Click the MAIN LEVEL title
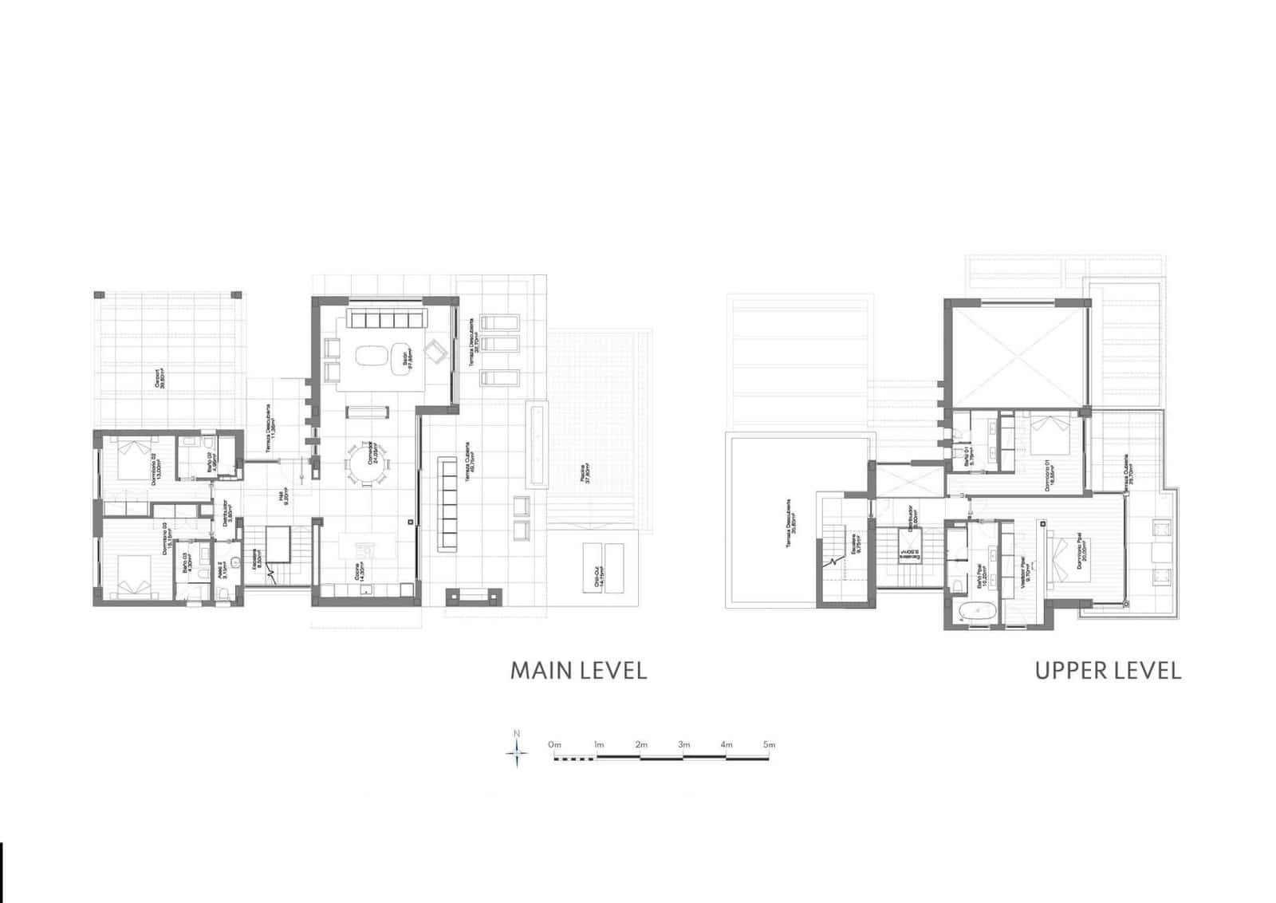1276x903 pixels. [x=578, y=670]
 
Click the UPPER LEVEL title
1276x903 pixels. [x=1108, y=670]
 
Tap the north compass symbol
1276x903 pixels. [x=517, y=751]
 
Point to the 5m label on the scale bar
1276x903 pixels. [x=769, y=745]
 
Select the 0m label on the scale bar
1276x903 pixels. [x=555, y=745]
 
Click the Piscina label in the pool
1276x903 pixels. [x=588, y=474]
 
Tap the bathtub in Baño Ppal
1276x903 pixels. [x=975, y=613]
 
